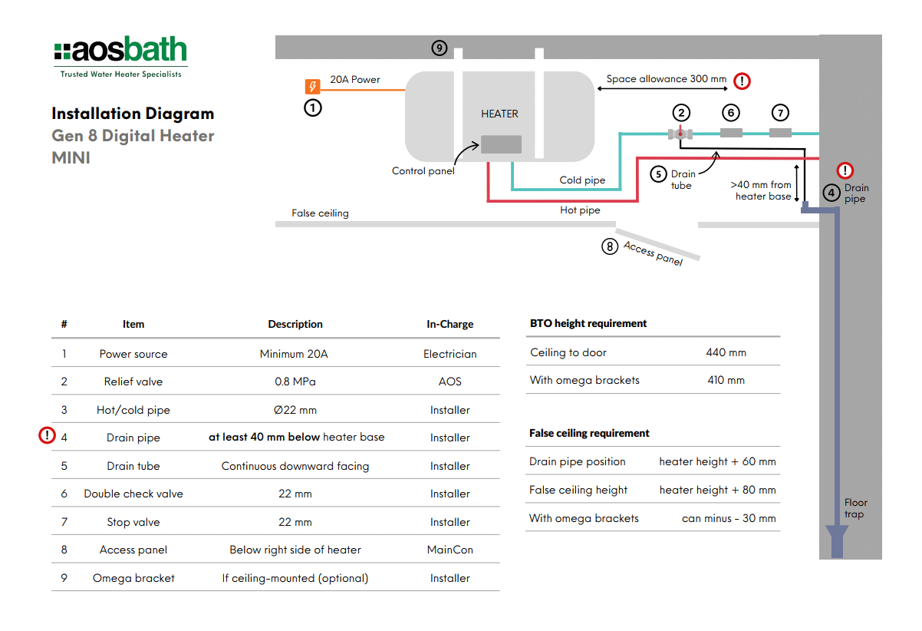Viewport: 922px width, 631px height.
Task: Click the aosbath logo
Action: click(120, 57)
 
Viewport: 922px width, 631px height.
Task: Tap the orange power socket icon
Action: click(312, 87)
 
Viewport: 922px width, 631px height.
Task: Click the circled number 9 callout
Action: click(440, 48)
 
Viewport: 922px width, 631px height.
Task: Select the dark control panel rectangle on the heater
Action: click(501, 144)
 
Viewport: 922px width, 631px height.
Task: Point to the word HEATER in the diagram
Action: click(499, 114)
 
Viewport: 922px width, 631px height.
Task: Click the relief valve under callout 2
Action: click(680, 134)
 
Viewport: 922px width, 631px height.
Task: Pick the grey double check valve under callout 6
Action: click(731, 133)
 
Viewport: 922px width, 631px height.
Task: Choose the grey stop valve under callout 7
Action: click(780, 133)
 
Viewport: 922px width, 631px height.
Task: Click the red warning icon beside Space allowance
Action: click(743, 81)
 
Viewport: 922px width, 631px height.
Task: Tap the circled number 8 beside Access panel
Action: click(610, 246)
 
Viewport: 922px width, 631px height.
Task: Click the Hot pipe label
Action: click(580, 210)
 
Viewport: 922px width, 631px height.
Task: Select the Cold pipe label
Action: click(582, 180)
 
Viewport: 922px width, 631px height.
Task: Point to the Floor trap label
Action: click(855, 508)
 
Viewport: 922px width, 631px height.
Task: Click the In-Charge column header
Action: click(450, 324)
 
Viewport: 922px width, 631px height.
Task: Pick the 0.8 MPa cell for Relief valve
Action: click(295, 382)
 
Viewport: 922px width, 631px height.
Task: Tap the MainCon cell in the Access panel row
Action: click(450, 550)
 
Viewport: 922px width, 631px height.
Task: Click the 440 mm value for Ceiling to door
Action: click(726, 352)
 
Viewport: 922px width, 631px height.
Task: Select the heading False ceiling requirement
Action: click(589, 433)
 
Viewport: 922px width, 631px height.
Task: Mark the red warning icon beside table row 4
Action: click(47, 435)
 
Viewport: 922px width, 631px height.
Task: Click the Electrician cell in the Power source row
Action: click(450, 354)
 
